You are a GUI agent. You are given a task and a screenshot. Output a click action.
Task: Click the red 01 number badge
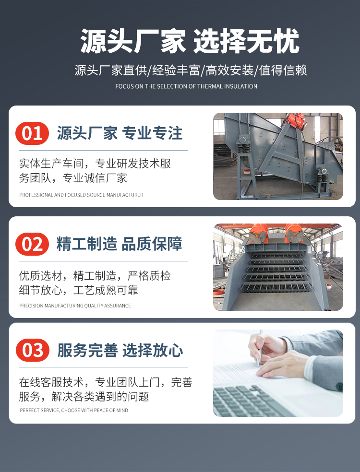(x=32, y=133)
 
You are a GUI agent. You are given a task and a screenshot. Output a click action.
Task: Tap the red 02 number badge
(x=32, y=244)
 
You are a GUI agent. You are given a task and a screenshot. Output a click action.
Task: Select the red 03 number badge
(x=33, y=350)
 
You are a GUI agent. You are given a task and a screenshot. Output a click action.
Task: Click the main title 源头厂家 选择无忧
(x=190, y=41)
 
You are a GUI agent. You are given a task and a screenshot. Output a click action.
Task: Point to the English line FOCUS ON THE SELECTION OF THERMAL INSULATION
(x=186, y=86)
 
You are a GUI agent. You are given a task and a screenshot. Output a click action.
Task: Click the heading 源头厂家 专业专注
(x=120, y=133)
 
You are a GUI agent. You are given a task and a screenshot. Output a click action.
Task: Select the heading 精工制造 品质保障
(x=120, y=244)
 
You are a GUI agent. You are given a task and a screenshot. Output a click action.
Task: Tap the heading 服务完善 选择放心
(x=120, y=350)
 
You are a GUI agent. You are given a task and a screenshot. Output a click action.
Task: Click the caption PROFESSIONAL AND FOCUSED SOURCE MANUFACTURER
(x=81, y=195)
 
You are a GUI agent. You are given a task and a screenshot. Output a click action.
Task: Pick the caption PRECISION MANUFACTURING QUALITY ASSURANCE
(x=75, y=306)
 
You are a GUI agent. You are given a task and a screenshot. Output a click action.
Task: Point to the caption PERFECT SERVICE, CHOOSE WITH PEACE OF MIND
(x=74, y=410)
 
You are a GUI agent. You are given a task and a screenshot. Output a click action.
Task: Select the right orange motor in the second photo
(x=294, y=233)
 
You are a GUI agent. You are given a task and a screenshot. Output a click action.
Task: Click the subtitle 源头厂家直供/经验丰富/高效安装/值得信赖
(x=191, y=70)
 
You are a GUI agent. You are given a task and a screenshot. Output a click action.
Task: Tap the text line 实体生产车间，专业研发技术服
(x=95, y=164)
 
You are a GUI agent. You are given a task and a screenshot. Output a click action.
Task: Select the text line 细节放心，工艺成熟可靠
(x=78, y=290)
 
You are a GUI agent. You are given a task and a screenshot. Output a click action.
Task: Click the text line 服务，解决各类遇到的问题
(x=84, y=396)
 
